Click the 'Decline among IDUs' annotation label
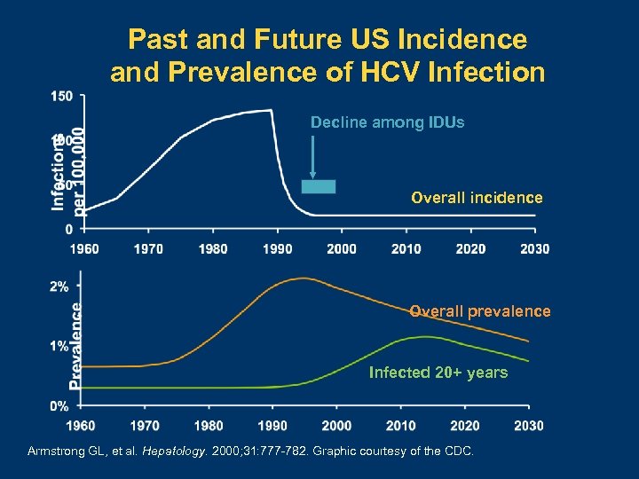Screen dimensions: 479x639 point(387,122)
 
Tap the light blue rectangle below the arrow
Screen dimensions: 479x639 point(318,186)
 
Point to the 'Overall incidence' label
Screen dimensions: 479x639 point(477,198)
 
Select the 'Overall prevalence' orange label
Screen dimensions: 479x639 point(479,311)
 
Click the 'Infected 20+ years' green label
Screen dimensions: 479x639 point(438,373)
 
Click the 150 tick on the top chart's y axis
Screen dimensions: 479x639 point(62,95)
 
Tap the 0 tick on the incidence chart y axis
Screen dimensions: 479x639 point(69,229)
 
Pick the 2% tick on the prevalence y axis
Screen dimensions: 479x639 point(59,287)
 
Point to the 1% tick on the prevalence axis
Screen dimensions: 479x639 point(59,346)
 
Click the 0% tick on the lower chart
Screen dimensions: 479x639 point(59,405)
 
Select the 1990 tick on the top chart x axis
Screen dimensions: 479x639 point(278,249)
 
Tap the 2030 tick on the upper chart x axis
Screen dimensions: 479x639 point(534,249)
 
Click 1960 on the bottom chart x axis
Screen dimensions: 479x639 point(82,426)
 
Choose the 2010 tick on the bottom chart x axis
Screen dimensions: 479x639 point(400,426)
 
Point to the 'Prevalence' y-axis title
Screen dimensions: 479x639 point(76,346)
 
